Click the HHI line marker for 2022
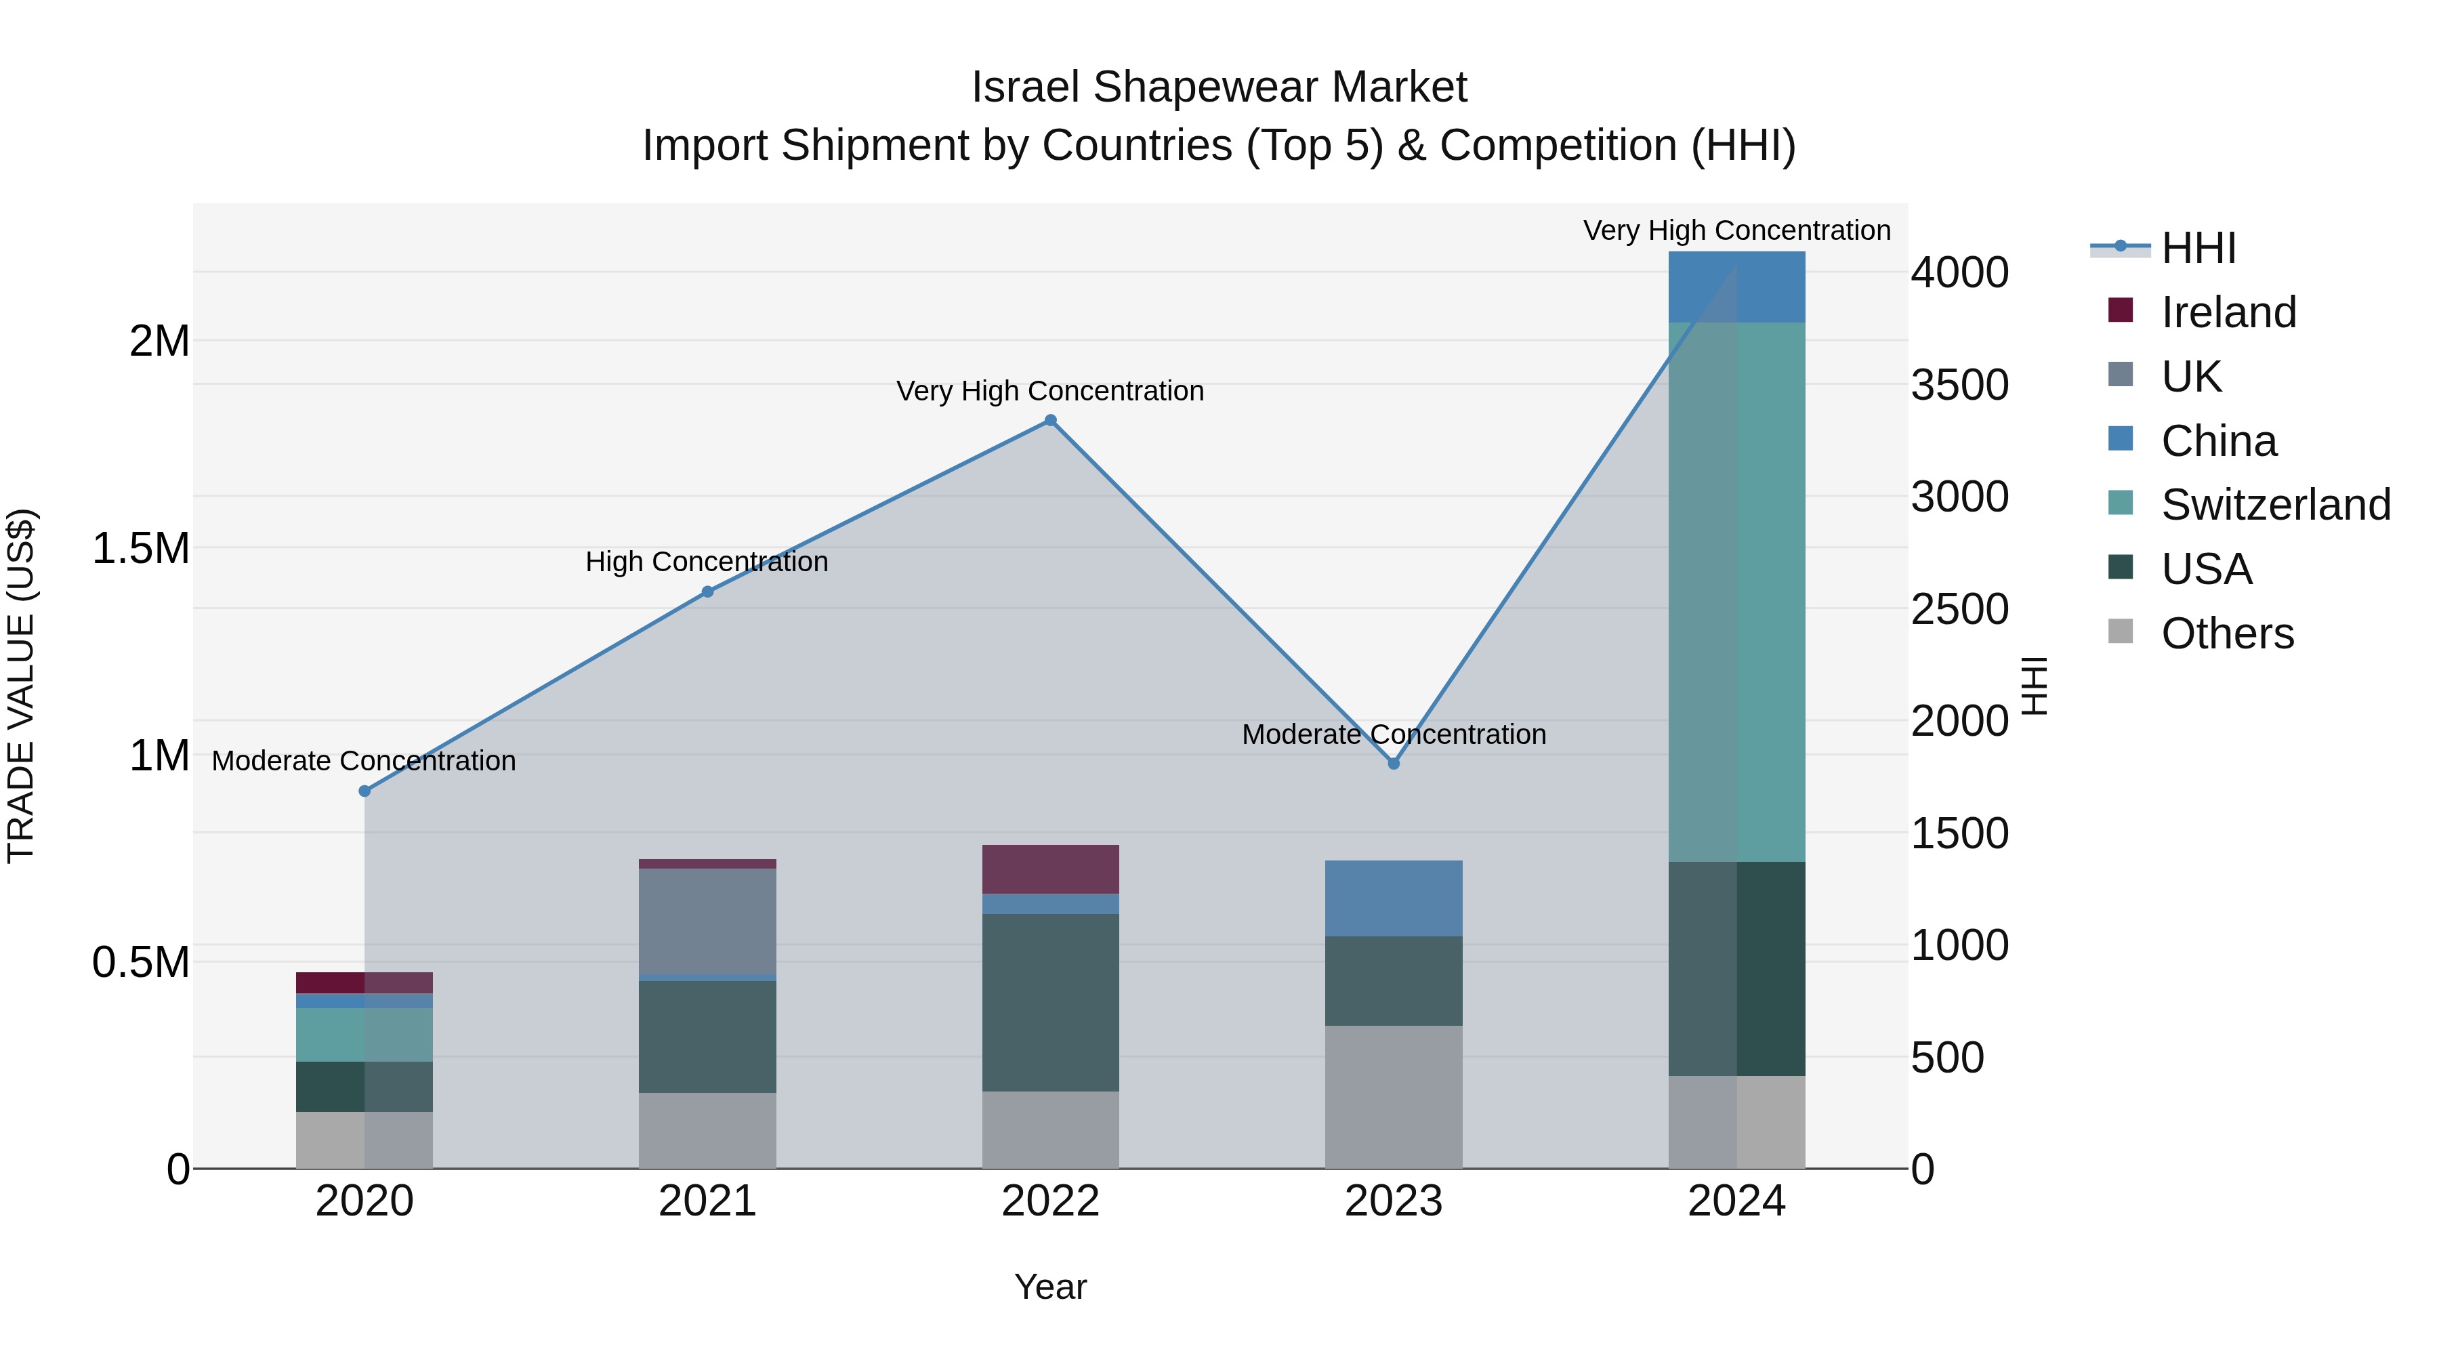1050,420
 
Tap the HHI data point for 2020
364,791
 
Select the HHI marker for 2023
1393,763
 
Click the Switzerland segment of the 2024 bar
1736,591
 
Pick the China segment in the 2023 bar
1393,898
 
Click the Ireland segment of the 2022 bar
1050,869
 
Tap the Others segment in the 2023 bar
1393,1096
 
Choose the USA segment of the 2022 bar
1050,1002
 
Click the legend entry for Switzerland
2275,505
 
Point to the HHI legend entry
2198,248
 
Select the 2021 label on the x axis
707,1201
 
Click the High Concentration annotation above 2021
707,562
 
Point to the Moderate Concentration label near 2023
1394,734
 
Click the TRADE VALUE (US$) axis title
21,686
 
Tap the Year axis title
1050,1287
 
